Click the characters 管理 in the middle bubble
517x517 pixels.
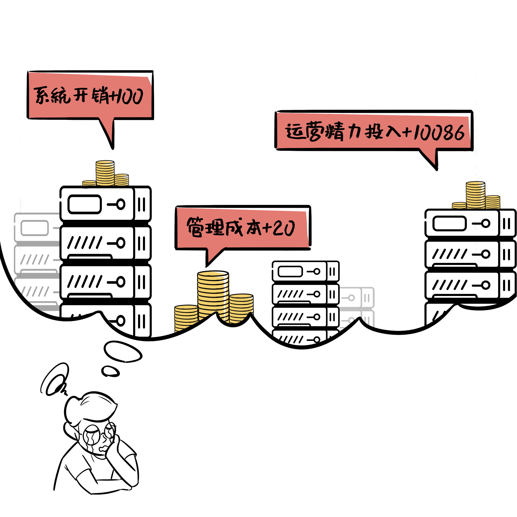(205, 227)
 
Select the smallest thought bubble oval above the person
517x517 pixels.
(110, 371)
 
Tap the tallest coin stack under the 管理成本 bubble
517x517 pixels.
(213, 294)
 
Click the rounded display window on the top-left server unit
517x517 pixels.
(85, 204)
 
